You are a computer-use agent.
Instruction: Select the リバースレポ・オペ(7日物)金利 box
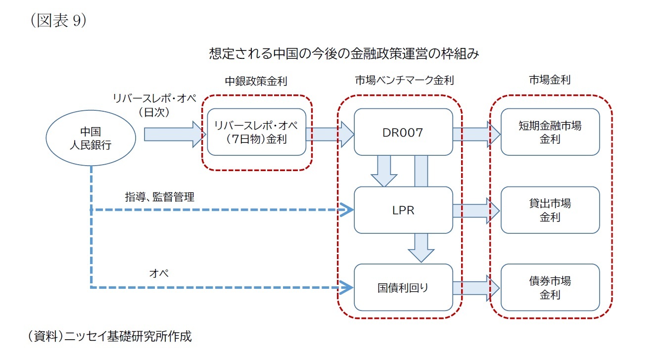point(256,132)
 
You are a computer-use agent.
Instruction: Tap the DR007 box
point(403,132)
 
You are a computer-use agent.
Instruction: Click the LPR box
point(403,210)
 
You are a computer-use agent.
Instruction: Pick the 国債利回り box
point(403,287)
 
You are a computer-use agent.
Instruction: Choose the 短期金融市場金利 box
point(550,132)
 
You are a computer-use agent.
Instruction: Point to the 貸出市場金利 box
point(550,210)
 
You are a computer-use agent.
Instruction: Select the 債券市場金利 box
point(550,287)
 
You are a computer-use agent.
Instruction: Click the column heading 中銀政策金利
point(256,80)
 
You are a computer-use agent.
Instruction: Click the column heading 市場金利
point(550,80)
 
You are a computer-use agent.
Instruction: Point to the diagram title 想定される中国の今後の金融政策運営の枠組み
point(344,53)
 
